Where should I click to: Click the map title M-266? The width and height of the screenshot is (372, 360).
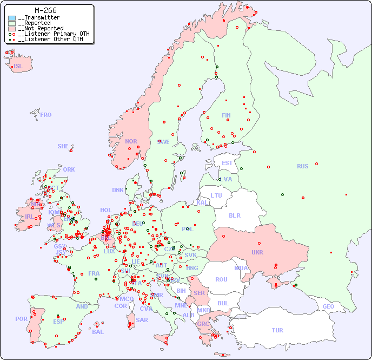click(x=45, y=10)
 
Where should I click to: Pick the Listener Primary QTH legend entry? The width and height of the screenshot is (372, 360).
click(x=49, y=34)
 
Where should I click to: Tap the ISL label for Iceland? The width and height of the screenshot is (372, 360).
click(x=18, y=67)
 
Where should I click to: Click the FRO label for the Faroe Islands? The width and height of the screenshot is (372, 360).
click(x=46, y=115)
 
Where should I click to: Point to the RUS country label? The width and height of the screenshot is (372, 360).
click(x=302, y=166)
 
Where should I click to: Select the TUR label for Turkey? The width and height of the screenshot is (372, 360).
click(x=277, y=330)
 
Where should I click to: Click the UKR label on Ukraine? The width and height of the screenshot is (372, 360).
click(x=257, y=252)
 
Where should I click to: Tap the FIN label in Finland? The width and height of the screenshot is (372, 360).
click(x=226, y=115)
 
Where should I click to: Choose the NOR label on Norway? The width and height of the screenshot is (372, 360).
click(x=131, y=141)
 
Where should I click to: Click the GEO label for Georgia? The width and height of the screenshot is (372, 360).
click(x=328, y=306)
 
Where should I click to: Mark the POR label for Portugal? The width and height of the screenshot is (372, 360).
click(x=21, y=319)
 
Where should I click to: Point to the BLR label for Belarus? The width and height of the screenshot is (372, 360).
click(x=234, y=215)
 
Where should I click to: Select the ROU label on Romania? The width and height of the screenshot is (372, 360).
click(x=221, y=279)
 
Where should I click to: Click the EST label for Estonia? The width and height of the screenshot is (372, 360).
click(x=227, y=163)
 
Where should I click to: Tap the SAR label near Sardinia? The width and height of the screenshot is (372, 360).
click(x=142, y=320)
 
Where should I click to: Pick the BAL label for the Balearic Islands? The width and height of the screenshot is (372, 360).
click(x=97, y=332)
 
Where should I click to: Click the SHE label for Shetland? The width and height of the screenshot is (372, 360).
click(x=63, y=146)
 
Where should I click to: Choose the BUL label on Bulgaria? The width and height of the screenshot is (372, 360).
click(x=223, y=303)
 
